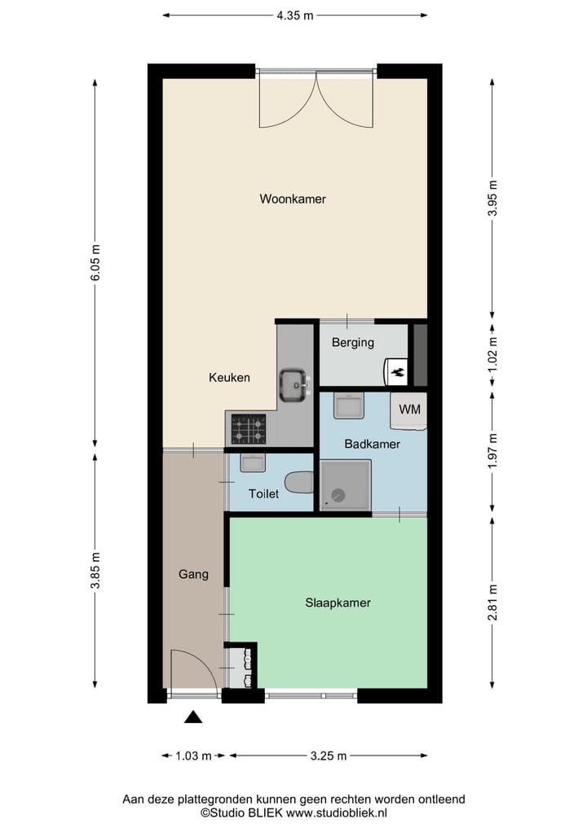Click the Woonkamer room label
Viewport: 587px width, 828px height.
point(293,199)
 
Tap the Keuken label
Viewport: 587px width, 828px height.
point(229,378)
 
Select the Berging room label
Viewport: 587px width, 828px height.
point(352,343)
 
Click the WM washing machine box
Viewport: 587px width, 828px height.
point(409,410)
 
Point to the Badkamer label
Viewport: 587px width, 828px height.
point(372,445)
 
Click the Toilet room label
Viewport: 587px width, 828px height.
point(263,493)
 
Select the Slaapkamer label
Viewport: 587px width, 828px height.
point(338,603)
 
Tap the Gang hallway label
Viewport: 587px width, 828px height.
point(193,574)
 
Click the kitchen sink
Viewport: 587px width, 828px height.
point(293,383)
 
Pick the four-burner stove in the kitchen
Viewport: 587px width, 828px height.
point(248,428)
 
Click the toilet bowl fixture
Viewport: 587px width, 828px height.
point(300,482)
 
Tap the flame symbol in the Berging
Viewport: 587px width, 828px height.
point(398,372)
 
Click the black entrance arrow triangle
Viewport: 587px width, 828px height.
point(193,716)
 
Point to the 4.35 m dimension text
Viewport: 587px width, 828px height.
point(294,15)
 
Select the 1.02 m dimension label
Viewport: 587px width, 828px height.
point(492,354)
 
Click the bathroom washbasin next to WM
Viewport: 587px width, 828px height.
point(349,405)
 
